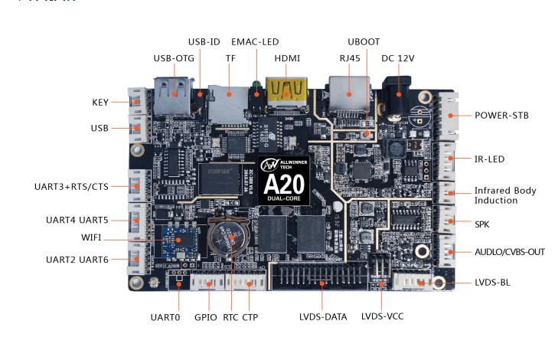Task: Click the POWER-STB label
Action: (501, 116)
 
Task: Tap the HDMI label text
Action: (287, 58)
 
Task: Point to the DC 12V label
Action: (400, 58)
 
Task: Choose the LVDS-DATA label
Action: (323, 316)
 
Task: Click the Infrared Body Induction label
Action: (504, 195)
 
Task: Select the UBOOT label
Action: (364, 42)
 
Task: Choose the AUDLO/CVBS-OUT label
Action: (510, 251)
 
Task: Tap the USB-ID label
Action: (203, 41)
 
